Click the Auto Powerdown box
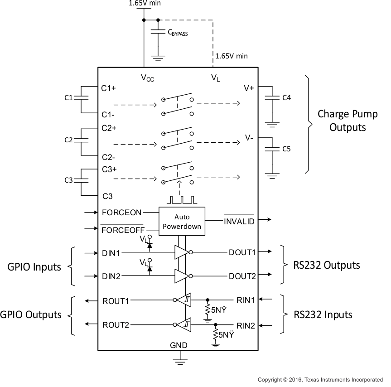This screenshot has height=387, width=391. point(182,222)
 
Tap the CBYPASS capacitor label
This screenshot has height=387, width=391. point(178,33)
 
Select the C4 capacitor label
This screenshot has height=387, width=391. point(286,97)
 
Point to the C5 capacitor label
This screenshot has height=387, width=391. point(286,148)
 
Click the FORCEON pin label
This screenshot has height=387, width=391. point(122,212)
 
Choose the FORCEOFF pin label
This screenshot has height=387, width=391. point(122,230)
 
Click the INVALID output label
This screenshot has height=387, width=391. point(239,221)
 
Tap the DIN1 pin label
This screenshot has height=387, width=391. point(111,253)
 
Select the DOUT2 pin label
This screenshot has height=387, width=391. point(242,276)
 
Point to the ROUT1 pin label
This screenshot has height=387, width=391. point(116,300)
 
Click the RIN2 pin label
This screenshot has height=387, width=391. point(246,325)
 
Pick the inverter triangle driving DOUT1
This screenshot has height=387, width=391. point(181,252)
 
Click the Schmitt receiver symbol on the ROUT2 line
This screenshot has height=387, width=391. point(184,324)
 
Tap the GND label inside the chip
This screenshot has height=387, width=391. point(179,345)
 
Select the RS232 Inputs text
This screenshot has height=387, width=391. point(323,314)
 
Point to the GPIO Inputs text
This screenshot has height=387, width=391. point(34,267)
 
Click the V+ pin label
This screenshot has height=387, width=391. point(249,88)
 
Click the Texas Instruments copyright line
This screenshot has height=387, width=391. point(320,380)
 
